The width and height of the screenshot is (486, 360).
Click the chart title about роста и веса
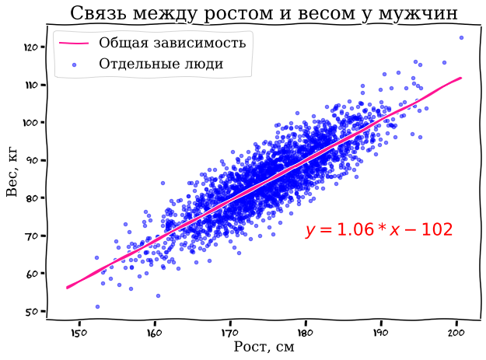(x=264, y=13)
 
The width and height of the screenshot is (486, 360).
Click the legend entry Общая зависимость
(x=172, y=43)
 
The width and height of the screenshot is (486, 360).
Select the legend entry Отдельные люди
(x=161, y=64)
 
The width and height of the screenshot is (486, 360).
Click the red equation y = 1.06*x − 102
(x=379, y=230)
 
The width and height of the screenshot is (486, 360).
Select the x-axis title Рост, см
(x=264, y=347)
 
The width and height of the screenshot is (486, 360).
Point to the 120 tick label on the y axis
(x=31, y=47)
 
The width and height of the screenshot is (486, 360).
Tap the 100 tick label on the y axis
(x=31, y=122)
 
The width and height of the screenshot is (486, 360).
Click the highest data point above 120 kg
(x=461, y=37)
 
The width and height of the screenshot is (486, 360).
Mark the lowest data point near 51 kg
(x=97, y=306)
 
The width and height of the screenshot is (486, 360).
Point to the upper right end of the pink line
(x=461, y=78)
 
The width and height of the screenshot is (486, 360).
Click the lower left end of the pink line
(x=68, y=288)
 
